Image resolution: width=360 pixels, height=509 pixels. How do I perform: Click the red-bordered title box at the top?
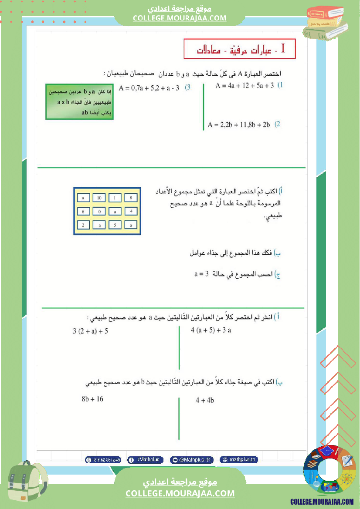240,49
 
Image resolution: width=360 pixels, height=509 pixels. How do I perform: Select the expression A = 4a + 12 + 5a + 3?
245,86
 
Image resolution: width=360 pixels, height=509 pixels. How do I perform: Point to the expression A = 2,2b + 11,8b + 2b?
239,125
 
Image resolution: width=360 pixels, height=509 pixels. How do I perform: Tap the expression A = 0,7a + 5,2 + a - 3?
149,88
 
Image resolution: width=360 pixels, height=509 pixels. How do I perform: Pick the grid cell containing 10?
99,198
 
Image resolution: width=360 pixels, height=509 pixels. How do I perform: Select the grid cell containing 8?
131,198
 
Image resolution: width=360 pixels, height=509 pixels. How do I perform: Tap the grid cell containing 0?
99,212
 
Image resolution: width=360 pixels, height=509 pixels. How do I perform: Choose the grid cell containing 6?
83,212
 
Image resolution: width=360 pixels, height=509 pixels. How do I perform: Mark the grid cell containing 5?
115,225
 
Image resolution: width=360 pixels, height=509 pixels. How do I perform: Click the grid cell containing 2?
83,225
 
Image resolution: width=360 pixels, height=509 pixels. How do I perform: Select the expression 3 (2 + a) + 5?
90,331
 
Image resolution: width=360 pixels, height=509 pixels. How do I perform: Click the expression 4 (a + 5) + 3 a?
211,330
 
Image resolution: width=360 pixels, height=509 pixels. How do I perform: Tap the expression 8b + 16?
92,399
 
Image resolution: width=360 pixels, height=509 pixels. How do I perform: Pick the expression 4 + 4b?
205,400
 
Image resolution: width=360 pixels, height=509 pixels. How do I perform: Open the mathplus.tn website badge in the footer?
239,459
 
